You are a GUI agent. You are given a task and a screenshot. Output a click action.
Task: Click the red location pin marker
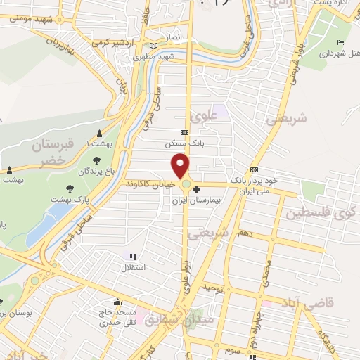(x=181, y=165)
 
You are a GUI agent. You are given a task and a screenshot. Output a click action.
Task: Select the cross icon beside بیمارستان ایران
(x=196, y=188)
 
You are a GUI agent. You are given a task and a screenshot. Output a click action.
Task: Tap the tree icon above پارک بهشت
(x=70, y=188)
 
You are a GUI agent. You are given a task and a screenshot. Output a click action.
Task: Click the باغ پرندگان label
(x=96, y=171)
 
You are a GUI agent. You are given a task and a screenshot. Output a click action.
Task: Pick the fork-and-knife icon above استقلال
(x=134, y=256)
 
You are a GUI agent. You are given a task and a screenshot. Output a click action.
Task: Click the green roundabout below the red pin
(x=186, y=184)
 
